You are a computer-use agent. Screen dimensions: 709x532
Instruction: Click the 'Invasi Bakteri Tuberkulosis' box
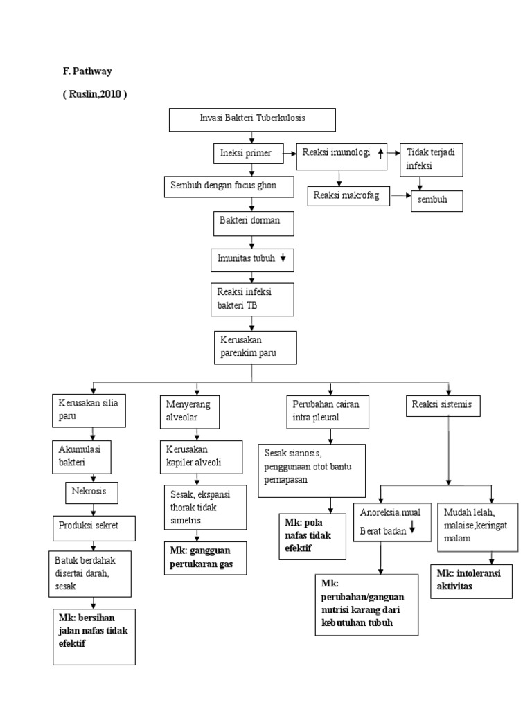(x=252, y=119)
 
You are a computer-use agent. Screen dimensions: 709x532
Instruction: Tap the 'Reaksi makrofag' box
(x=348, y=196)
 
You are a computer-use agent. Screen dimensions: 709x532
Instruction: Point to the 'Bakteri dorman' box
(x=253, y=224)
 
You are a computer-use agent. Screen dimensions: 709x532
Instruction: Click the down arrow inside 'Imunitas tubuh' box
(x=283, y=258)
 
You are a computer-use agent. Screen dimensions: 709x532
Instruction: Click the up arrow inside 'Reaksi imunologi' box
(x=381, y=152)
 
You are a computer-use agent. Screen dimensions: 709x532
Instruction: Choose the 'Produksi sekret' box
(x=94, y=527)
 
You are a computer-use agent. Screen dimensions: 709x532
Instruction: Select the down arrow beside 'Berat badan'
(x=412, y=530)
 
